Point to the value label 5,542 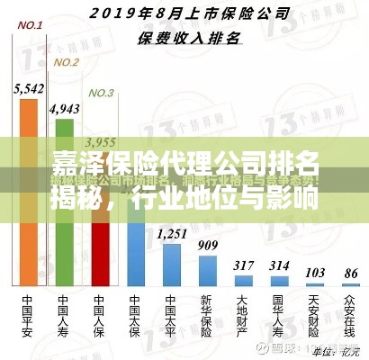(x=30, y=88)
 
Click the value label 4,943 (x=64, y=108)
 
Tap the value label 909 (x=207, y=245)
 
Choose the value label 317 (x=243, y=265)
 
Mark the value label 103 (x=315, y=272)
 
